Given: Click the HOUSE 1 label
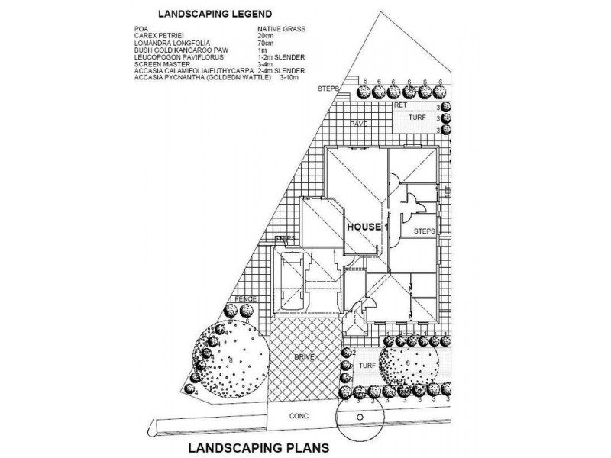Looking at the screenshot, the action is (368, 227).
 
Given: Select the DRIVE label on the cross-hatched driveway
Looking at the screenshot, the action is (305, 356).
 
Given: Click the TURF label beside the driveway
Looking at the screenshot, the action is (364, 367).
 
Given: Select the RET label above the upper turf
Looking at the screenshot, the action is (400, 106).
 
